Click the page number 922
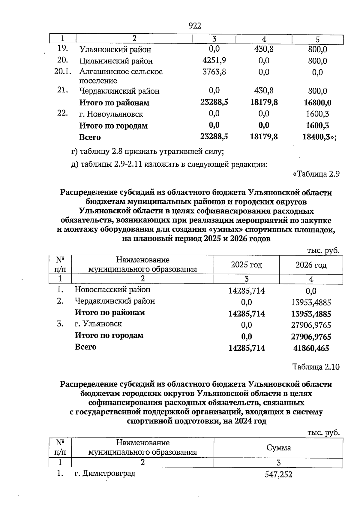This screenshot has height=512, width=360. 195,26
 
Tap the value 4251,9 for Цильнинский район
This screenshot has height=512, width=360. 214,60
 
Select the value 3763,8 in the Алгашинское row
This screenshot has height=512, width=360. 214,72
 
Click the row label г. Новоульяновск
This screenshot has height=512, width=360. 111,114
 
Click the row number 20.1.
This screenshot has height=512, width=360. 63,72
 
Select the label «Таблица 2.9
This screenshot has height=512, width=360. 316,174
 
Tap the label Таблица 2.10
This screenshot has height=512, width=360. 316,367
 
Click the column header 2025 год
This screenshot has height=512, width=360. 246,265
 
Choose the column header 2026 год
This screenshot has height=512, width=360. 311,265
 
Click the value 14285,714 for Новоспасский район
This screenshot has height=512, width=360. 247,291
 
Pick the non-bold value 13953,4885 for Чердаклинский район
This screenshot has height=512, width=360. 311,303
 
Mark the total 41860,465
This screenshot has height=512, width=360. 311,348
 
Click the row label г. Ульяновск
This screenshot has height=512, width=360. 98,324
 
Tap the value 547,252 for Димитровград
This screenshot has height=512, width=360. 278,474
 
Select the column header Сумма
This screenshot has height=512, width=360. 278,448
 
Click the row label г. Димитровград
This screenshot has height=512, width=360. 105,474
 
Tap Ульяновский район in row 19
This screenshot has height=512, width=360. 115,50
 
